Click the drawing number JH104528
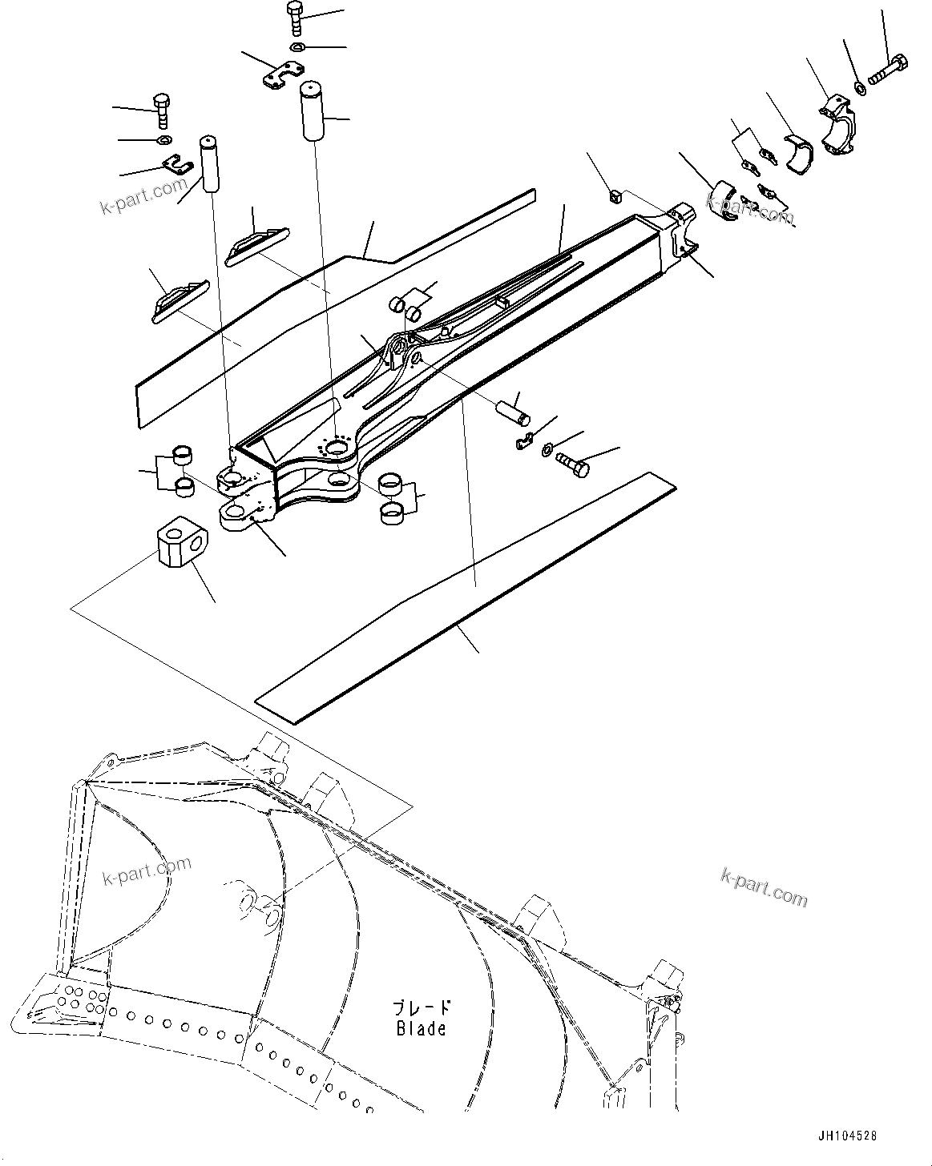[x=848, y=1136]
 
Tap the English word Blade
[x=421, y=1027]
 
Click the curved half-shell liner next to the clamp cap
[x=797, y=153]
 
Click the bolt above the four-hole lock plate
[x=295, y=18]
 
